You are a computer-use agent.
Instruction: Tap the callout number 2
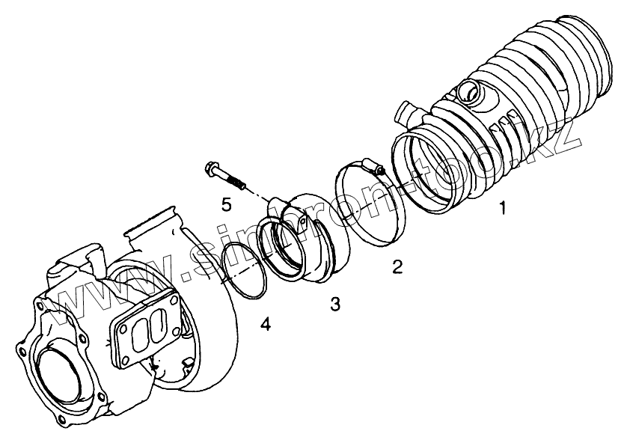tap(398, 266)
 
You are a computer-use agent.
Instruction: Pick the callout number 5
tap(226, 203)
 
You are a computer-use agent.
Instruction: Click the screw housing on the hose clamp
tap(370, 162)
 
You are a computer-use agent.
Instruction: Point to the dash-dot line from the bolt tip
tap(258, 196)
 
